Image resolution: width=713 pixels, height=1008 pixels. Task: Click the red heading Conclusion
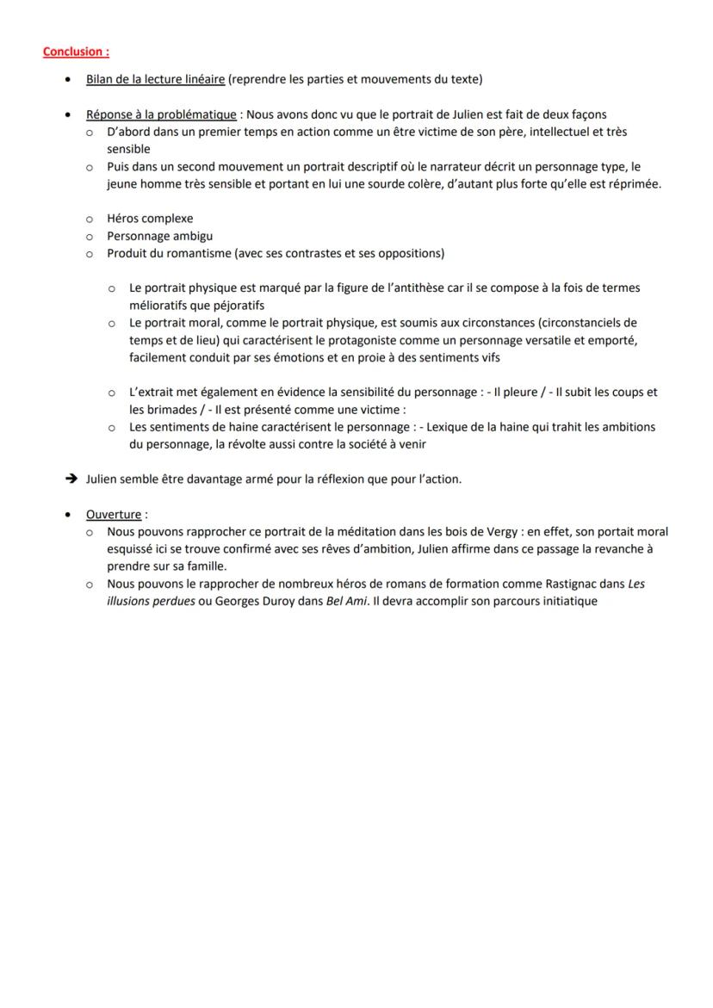coord(76,52)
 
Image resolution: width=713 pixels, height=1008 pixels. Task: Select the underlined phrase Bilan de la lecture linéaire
coord(155,80)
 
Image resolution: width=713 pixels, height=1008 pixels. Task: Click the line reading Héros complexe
coord(150,219)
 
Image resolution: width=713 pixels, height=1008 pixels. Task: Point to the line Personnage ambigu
coord(160,236)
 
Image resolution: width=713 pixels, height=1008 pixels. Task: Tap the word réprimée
coord(635,184)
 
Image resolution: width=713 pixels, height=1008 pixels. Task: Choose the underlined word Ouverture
coord(114,515)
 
